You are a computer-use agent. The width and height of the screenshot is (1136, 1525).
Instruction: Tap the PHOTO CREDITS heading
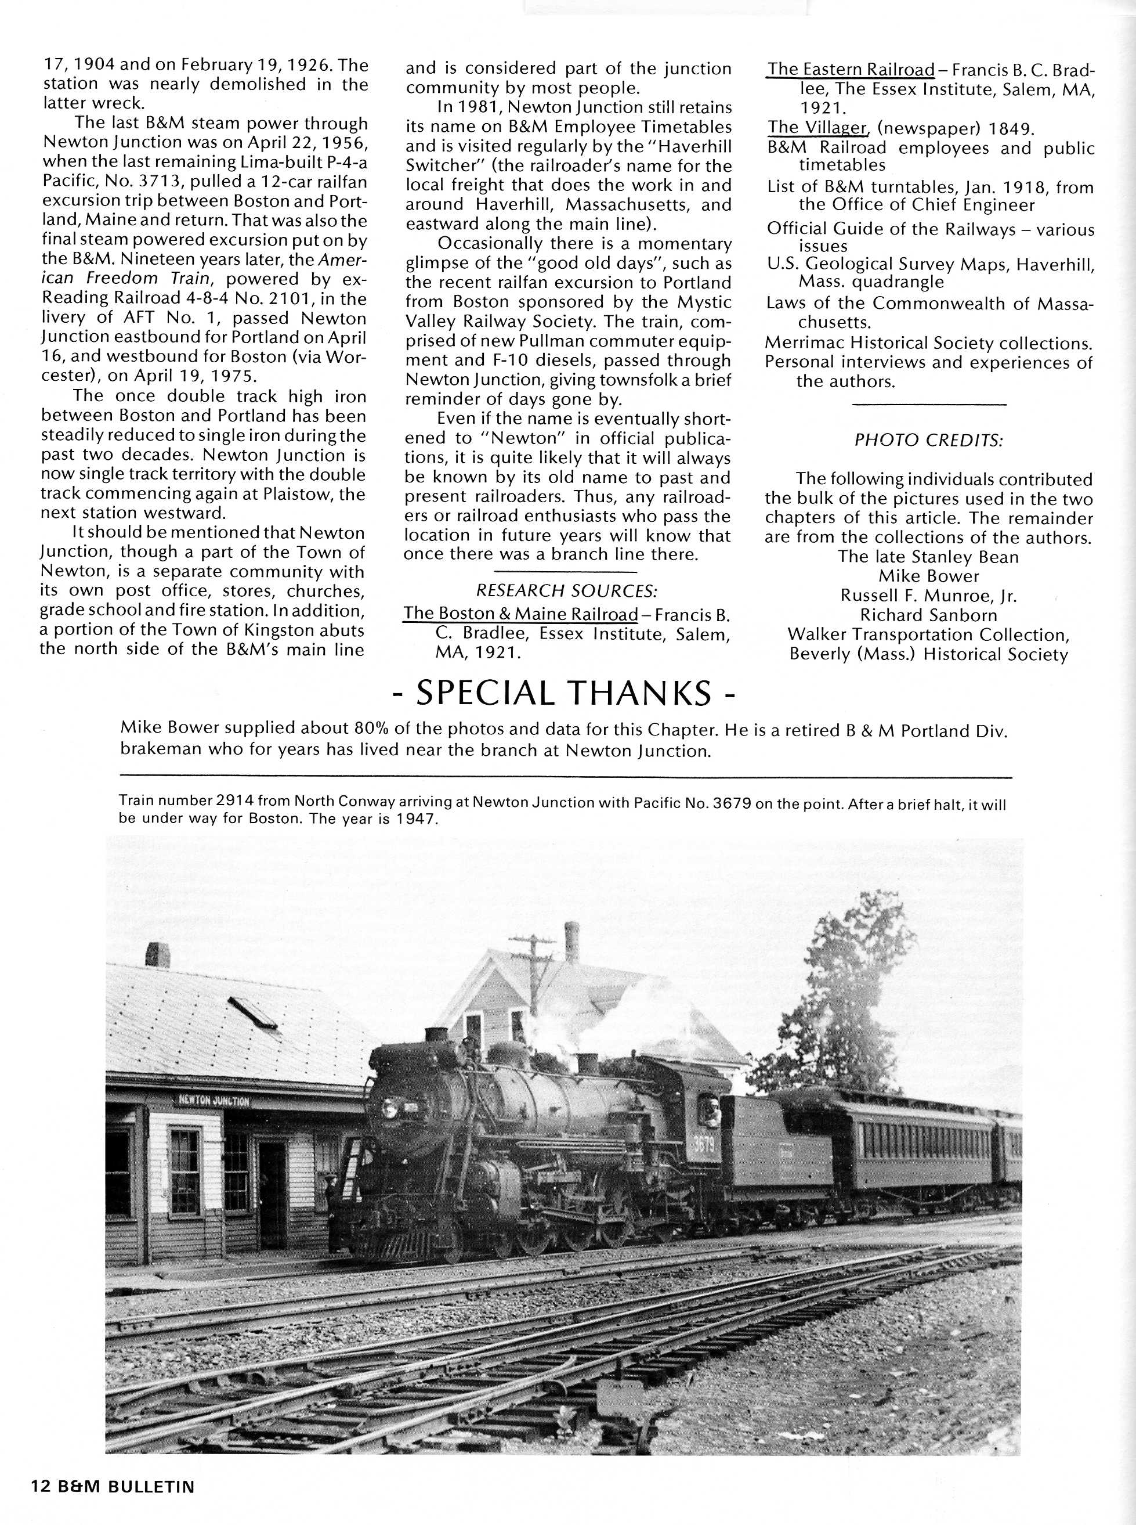pyautogui.click(x=928, y=440)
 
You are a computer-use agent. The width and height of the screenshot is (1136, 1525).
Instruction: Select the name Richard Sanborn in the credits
pyautogui.click(x=928, y=615)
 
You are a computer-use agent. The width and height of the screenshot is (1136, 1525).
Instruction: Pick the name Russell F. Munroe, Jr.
pyautogui.click(x=928, y=596)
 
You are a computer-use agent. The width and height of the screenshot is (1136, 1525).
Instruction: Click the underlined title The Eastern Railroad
pyautogui.click(x=851, y=70)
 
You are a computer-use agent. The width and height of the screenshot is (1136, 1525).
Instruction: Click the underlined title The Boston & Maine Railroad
pyautogui.click(x=520, y=613)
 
